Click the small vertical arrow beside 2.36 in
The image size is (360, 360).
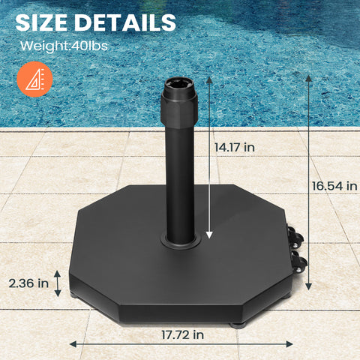click(57, 283)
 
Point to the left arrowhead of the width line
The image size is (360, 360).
click(73, 343)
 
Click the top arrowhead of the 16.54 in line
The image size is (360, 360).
click(308, 76)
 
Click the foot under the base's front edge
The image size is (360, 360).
click(239, 324)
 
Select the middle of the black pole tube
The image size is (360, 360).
click(179, 180)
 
